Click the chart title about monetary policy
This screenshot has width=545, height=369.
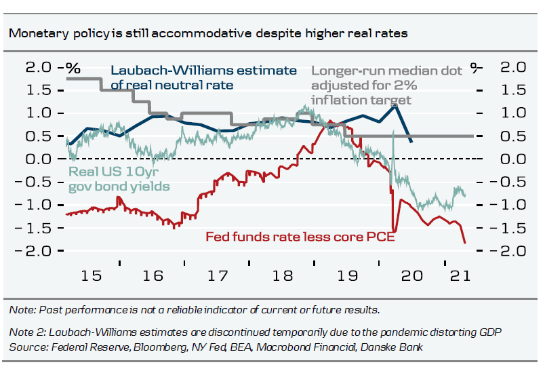click(208, 33)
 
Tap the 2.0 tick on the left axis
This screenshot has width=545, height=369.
click(39, 67)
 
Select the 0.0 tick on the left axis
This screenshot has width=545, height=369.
click(39, 159)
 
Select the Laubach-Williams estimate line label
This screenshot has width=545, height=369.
click(203, 77)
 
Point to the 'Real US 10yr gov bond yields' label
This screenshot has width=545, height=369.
click(119, 178)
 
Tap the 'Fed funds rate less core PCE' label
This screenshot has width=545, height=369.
click(300, 237)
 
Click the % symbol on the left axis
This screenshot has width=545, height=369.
click(73, 68)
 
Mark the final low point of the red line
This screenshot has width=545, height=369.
click(465, 243)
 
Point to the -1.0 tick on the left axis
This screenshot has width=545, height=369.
click(39, 205)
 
